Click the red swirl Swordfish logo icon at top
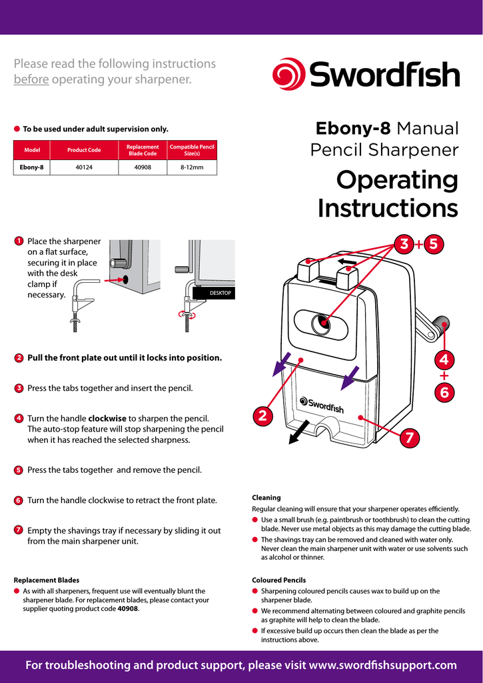click(x=288, y=73)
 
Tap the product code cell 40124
click(x=84, y=167)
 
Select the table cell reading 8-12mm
click(x=192, y=167)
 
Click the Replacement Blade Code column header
click(x=143, y=149)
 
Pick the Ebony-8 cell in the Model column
click(x=32, y=167)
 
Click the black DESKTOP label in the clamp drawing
click(x=213, y=293)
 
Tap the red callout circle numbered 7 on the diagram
click(x=408, y=438)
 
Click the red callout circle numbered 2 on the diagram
click(x=262, y=416)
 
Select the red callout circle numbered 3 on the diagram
click(x=403, y=244)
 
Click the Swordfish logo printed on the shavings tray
click(x=322, y=404)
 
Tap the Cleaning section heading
click(x=266, y=498)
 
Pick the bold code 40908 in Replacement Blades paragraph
click(x=128, y=609)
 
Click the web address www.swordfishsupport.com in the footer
click(x=384, y=665)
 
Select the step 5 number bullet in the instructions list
click(x=19, y=470)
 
